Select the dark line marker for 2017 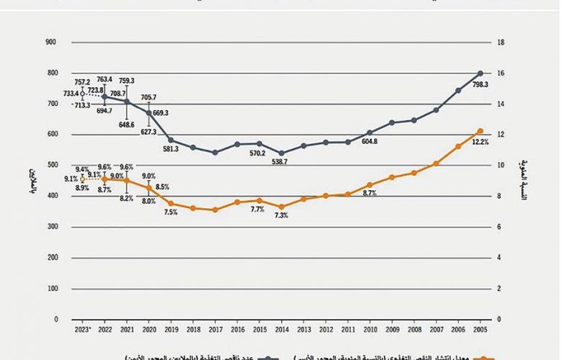(215, 153)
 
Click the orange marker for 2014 (282, 207)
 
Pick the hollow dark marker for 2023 (83, 94)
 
